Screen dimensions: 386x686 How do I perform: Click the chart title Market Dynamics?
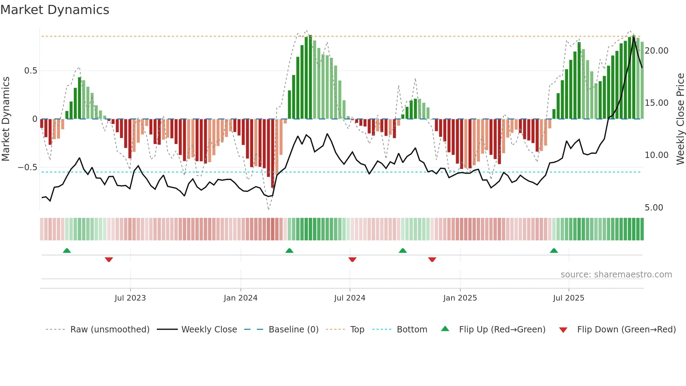click(x=55, y=10)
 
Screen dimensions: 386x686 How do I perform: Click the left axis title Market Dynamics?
click(x=6, y=119)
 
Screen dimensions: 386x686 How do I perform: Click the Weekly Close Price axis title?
click(x=680, y=119)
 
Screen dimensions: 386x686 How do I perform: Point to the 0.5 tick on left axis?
click(x=30, y=71)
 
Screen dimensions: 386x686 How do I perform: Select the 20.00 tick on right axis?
click(x=656, y=51)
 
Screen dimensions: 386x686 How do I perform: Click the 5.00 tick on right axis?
click(x=654, y=208)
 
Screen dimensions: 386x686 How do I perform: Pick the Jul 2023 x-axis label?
click(x=130, y=298)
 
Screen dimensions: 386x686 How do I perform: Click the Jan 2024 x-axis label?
click(x=240, y=298)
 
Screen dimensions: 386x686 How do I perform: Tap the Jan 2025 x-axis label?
click(x=460, y=298)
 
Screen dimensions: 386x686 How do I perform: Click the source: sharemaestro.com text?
click(x=616, y=275)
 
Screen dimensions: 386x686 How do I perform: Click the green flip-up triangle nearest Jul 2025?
click(x=554, y=251)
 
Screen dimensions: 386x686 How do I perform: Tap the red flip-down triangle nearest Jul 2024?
click(x=352, y=260)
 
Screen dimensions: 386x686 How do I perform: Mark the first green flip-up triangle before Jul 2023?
click(x=67, y=251)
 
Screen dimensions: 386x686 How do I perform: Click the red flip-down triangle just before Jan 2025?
click(x=432, y=260)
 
